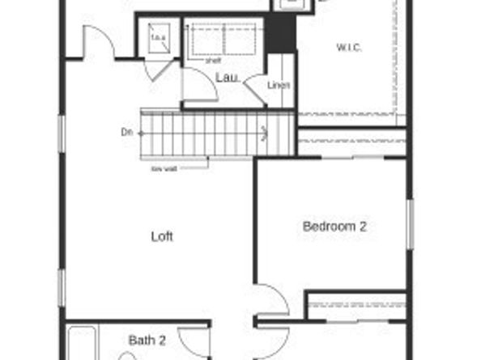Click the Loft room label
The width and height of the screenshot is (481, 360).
click(x=162, y=237)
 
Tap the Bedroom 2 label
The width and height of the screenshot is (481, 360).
click(x=334, y=227)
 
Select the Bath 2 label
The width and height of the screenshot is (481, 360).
click(x=147, y=340)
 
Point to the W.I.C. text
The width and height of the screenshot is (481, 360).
click(x=349, y=48)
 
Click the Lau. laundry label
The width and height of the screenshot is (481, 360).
click(x=225, y=78)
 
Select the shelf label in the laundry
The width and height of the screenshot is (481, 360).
click(x=214, y=59)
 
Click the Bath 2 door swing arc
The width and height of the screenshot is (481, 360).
click(x=194, y=340)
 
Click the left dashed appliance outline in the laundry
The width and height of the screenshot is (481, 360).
click(x=204, y=38)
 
